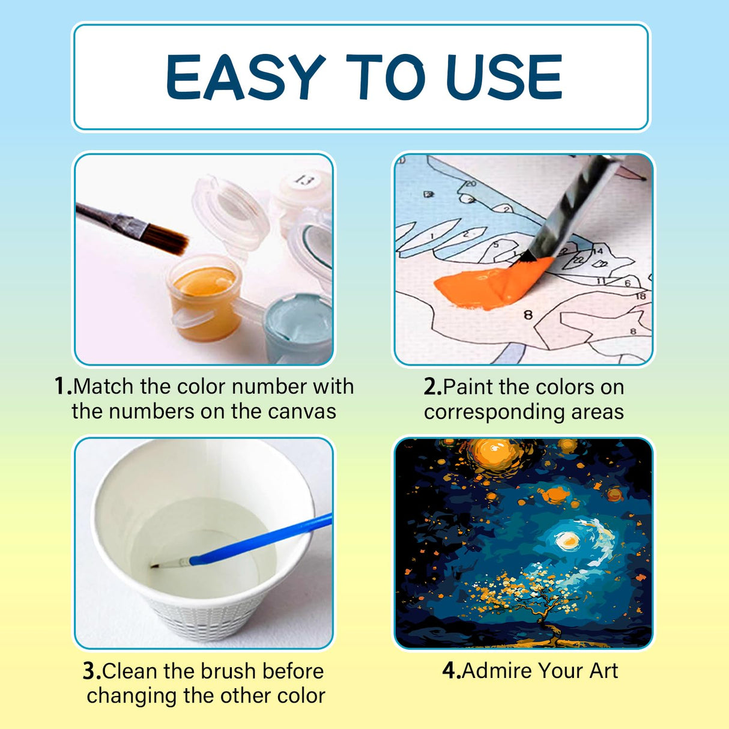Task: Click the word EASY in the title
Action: (x=245, y=77)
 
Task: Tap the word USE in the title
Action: (x=504, y=77)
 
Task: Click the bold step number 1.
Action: (x=63, y=386)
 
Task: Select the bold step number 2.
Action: (x=433, y=387)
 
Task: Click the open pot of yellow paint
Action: (x=205, y=297)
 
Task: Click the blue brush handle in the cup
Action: (x=261, y=539)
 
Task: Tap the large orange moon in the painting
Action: (x=493, y=455)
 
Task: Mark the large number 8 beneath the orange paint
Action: (x=528, y=315)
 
